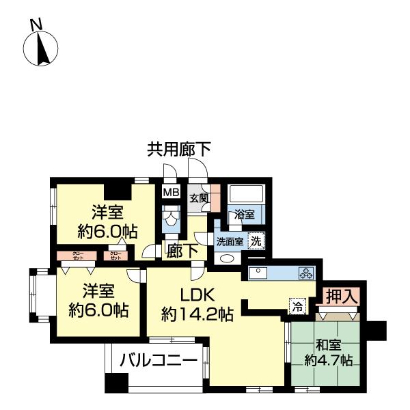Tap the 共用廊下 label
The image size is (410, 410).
tap(178, 149)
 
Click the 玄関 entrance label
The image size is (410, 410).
tap(199, 198)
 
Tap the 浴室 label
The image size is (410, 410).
tap(245, 214)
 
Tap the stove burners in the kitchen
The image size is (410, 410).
tap(305, 273)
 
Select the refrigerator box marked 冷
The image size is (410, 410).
tap(297, 306)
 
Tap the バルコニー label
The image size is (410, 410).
tap(159, 359)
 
